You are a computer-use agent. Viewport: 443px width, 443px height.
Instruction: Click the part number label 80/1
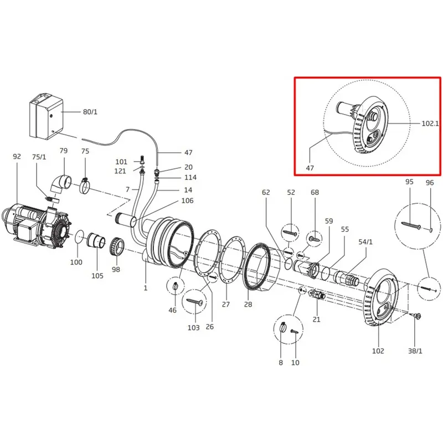tap(90, 112)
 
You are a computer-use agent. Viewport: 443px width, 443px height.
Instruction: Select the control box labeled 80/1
tap(46, 116)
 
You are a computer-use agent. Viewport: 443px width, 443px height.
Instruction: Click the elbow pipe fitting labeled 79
tap(61, 184)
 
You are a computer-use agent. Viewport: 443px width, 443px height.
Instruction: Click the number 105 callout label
tap(97, 275)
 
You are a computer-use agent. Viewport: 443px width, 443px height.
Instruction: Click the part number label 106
tap(187, 200)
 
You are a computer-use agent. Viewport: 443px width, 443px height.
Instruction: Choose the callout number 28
tap(248, 304)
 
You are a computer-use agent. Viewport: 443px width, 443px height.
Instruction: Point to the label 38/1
tap(415, 351)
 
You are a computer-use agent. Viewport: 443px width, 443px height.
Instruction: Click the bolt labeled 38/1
tap(416, 315)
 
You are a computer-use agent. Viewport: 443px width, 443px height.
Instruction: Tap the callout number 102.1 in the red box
tap(430, 123)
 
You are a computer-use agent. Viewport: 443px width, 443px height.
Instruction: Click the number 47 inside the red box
tap(310, 168)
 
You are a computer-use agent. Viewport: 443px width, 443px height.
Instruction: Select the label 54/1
tap(365, 242)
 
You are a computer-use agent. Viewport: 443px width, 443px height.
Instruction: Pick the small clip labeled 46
tap(175, 286)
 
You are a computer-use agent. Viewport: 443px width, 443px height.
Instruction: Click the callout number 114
tap(190, 177)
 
